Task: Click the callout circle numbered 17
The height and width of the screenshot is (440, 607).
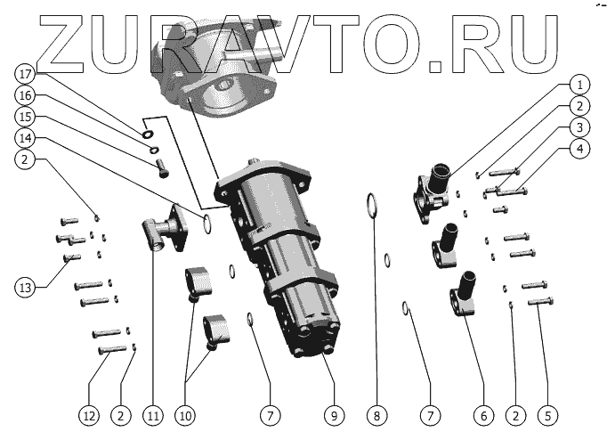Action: click(x=25, y=74)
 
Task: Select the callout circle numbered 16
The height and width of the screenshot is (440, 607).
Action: click(x=25, y=95)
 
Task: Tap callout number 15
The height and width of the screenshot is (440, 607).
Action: click(x=25, y=116)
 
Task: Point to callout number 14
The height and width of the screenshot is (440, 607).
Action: click(x=25, y=138)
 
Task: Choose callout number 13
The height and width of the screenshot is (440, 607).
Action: click(x=25, y=288)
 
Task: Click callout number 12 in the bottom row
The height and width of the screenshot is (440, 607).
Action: click(x=89, y=416)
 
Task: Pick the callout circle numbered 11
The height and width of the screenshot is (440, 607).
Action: click(x=153, y=416)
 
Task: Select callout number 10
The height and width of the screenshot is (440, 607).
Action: click(x=185, y=416)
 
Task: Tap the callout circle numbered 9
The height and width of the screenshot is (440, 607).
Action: click(x=334, y=416)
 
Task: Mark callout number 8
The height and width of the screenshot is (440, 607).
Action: click(x=377, y=416)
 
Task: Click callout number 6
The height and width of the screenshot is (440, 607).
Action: click(x=484, y=416)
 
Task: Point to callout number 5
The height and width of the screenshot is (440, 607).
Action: click(x=547, y=416)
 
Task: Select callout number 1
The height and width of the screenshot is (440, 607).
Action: click(x=579, y=85)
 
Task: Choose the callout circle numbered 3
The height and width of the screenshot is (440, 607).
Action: click(x=579, y=127)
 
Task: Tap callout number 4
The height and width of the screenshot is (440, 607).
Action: click(x=579, y=149)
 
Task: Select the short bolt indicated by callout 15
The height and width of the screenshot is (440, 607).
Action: click(x=163, y=168)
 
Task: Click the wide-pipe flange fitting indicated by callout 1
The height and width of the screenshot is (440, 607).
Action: click(x=432, y=192)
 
